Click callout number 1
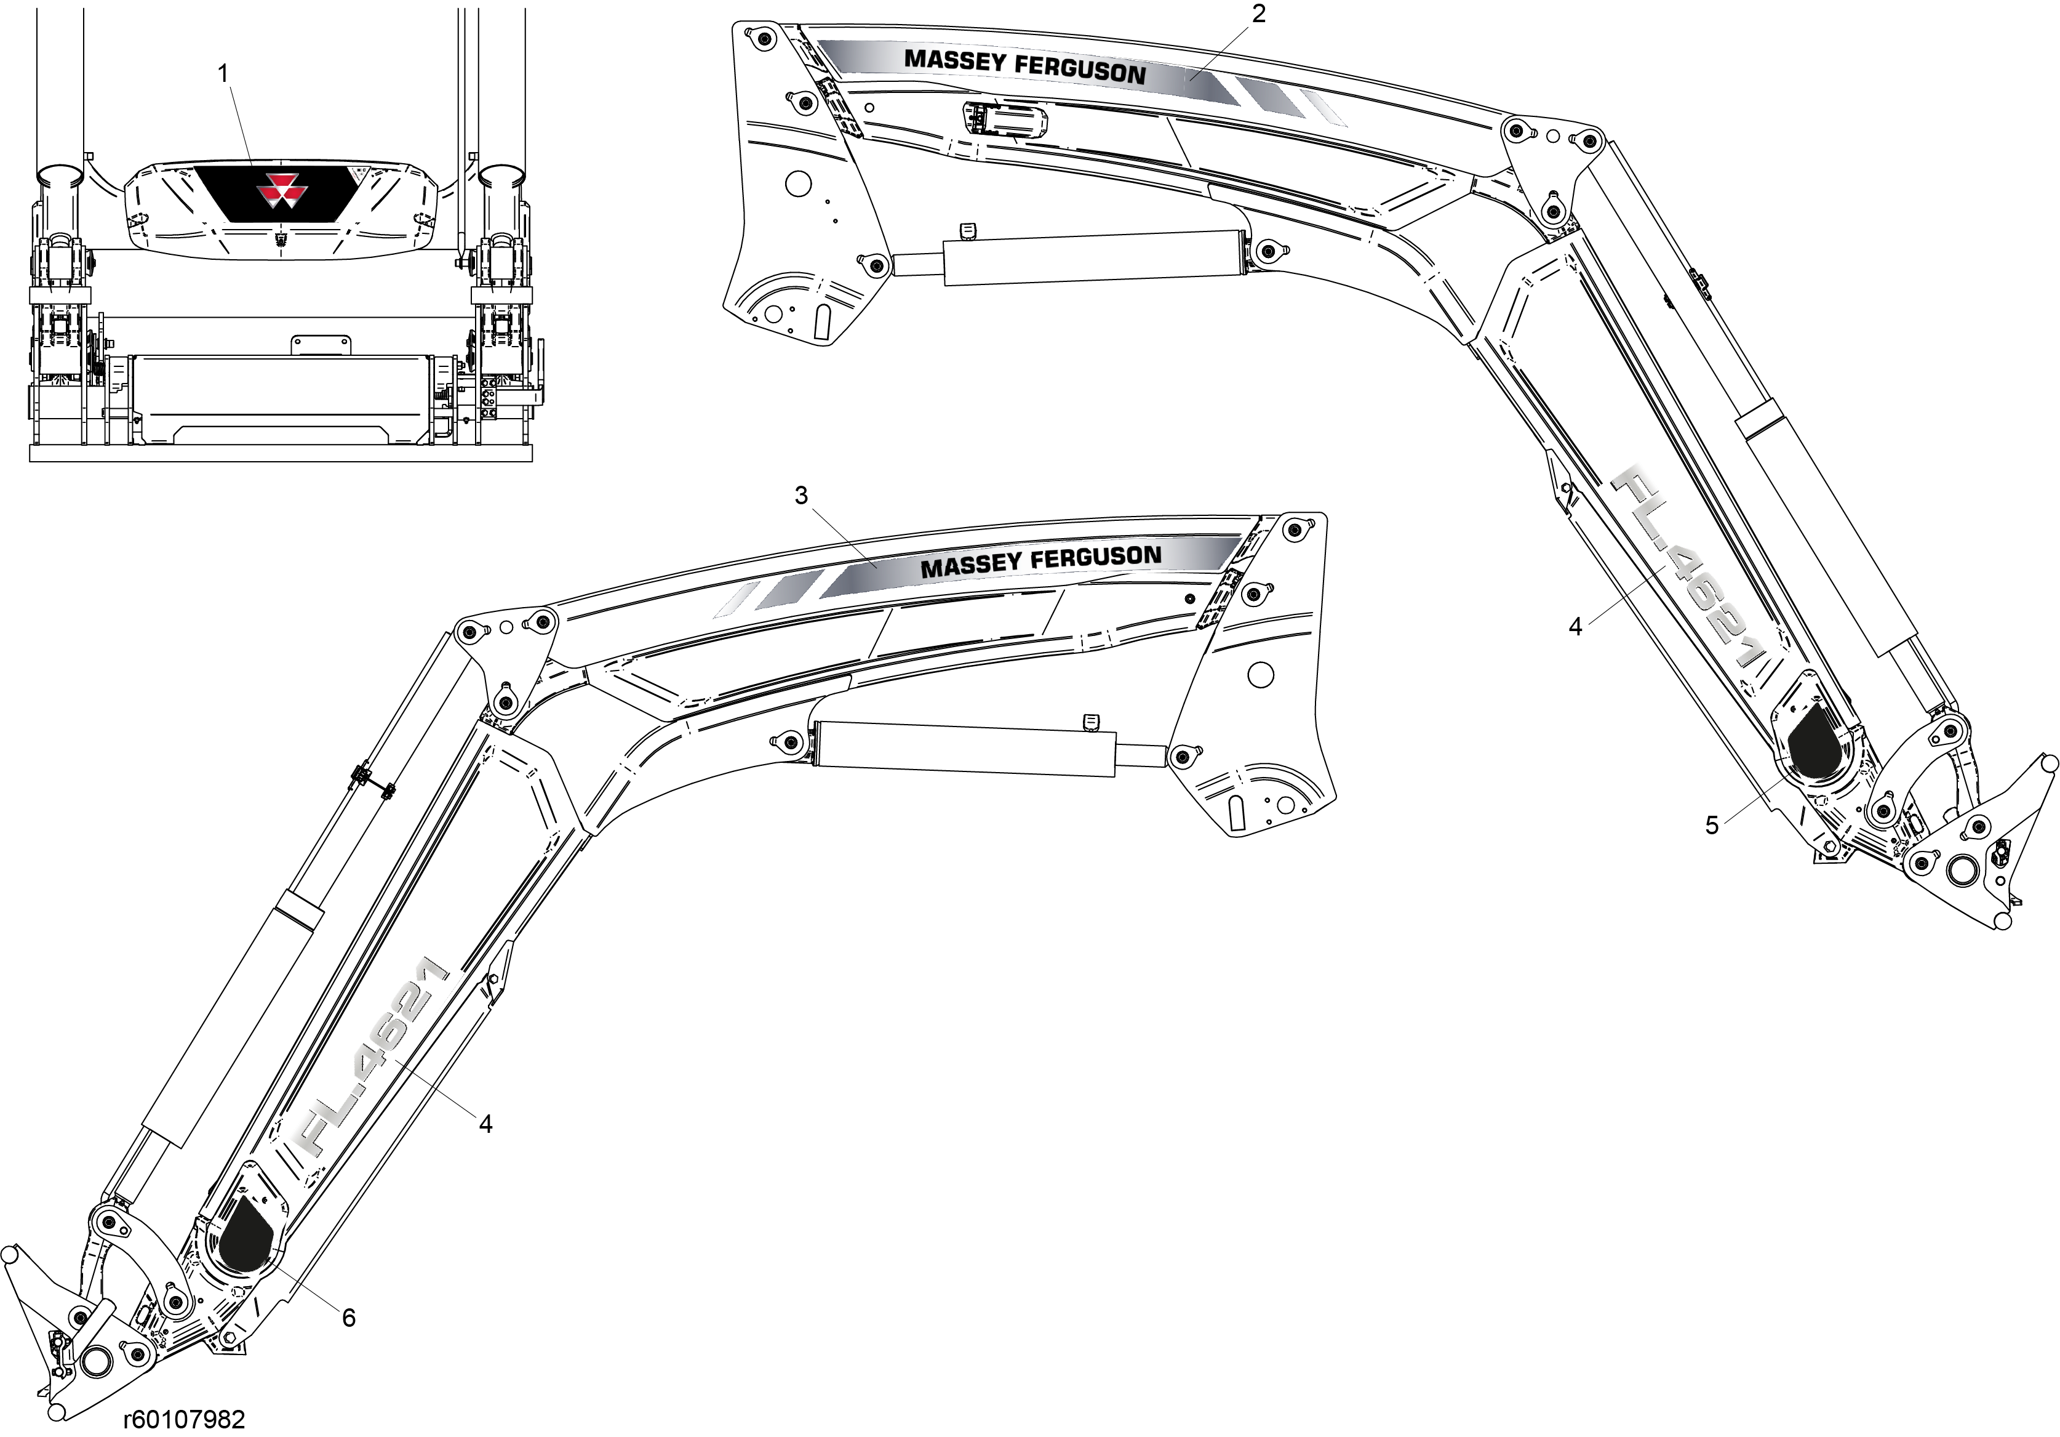pyautogui.click(x=223, y=74)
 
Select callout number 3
pyautogui.click(x=801, y=496)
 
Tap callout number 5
pyautogui.click(x=1712, y=826)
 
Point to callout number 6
pyautogui.click(x=348, y=1318)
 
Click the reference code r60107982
pyautogui.click(x=184, y=1419)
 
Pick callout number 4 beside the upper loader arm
pyautogui.click(x=1576, y=627)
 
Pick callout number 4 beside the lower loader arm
pyautogui.click(x=485, y=1124)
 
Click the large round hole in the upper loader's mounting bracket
pyautogui.click(x=797, y=185)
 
